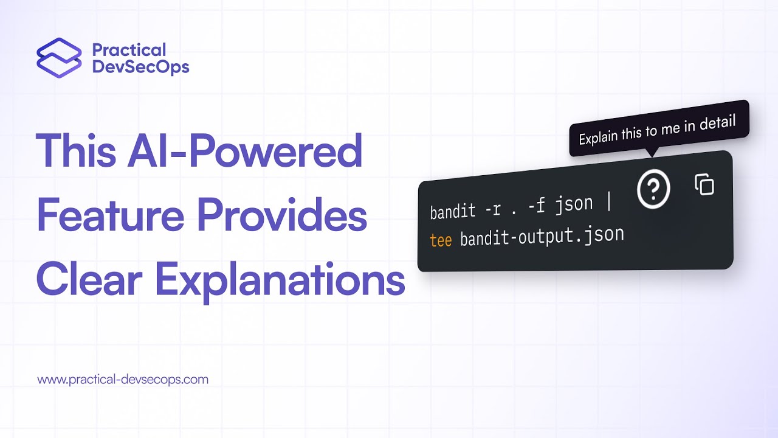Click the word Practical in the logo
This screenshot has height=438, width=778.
click(x=128, y=49)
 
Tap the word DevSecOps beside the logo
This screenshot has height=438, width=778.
click(x=140, y=66)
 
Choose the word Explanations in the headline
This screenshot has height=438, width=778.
click(x=279, y=280)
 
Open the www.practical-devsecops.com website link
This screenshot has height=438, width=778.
click(x=123, y=380)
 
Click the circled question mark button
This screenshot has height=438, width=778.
click(x=653, y=190)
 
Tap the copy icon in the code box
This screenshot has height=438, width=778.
click(x=704, y=184)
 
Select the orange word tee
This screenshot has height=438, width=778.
click(x=441, y=240)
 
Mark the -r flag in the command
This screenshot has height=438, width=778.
click(x=494, y=209)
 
